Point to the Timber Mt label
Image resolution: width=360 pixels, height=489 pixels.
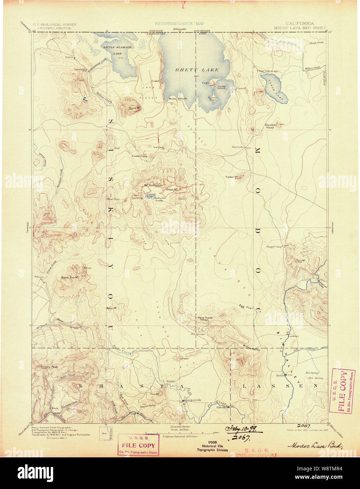coord(232,177)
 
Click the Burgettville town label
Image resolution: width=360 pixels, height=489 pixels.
coord(192,400)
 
